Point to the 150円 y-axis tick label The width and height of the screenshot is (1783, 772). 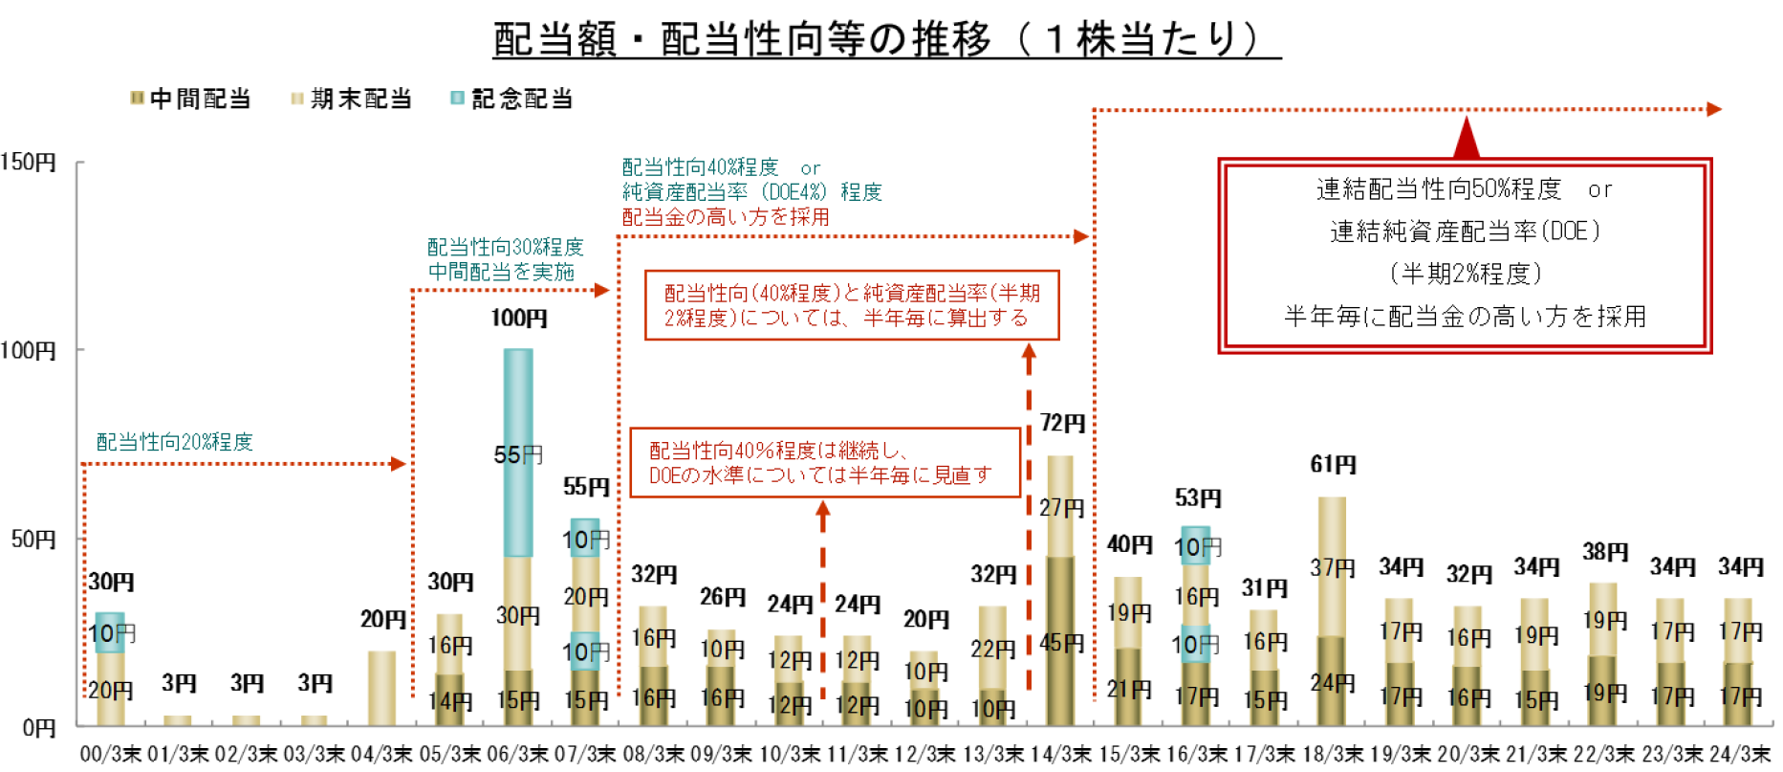29,162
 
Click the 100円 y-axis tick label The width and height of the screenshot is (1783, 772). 29,350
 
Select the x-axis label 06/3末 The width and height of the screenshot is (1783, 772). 517,755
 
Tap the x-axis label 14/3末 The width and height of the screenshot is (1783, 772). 1060,755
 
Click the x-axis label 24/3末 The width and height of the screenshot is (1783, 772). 1740,755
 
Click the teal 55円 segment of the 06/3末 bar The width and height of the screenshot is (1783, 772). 518,453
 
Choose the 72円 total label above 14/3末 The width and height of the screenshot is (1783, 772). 1062,423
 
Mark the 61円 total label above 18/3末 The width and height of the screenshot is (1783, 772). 1333,465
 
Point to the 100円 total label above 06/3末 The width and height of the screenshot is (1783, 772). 519,319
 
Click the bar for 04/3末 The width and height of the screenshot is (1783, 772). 381,689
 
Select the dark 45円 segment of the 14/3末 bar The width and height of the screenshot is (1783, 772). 1060,641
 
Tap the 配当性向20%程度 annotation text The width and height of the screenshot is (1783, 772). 175,442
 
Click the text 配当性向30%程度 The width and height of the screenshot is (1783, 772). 505,248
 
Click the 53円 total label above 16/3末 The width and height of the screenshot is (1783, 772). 1197,498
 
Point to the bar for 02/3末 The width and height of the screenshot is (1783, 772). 246,720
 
